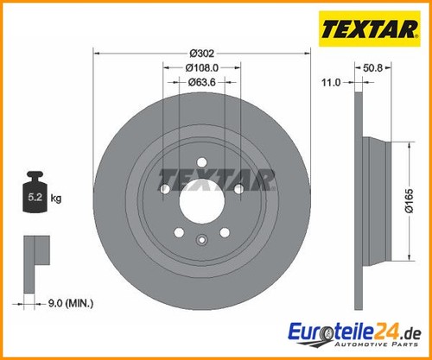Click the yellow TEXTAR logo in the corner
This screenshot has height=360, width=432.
370,28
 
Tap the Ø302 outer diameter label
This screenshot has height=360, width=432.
202,54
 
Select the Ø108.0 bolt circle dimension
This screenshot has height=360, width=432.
202,68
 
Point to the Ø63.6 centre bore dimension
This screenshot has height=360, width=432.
201,83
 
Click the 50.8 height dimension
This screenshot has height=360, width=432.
372,68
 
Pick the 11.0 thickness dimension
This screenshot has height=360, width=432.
331,83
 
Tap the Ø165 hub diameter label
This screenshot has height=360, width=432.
410,201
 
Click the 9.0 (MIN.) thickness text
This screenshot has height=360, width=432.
71,303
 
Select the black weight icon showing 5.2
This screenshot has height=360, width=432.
35,193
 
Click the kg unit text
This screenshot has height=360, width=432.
56,199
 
